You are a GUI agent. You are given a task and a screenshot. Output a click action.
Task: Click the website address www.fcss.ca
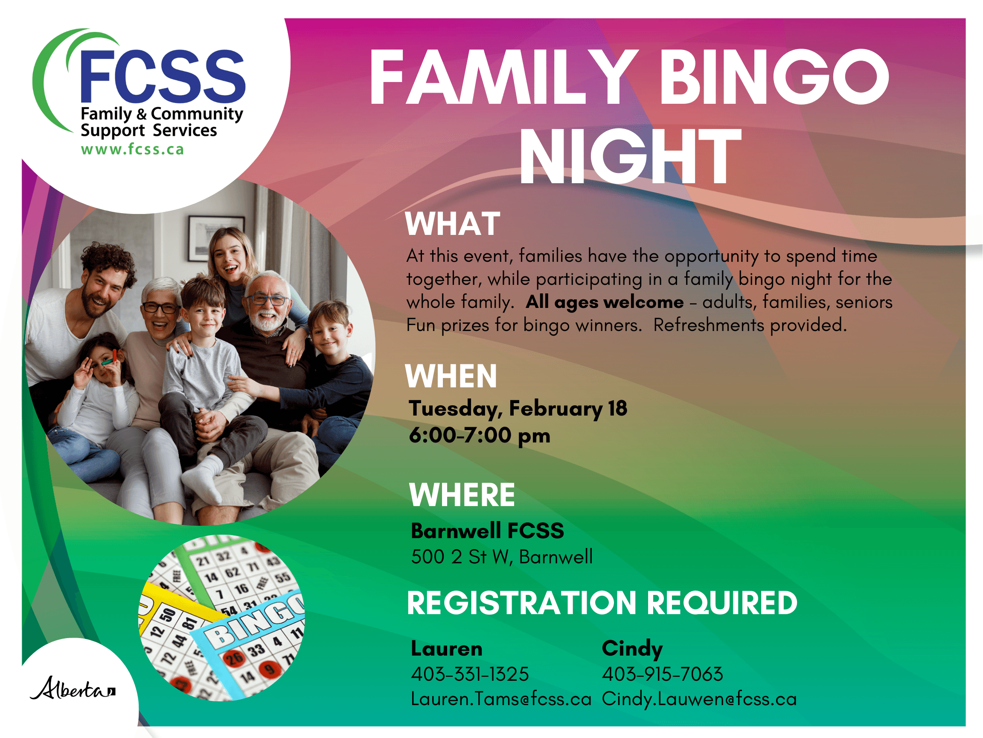click(x=132, y=149)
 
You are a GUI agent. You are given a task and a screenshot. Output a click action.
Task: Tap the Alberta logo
click(x=73, y=688)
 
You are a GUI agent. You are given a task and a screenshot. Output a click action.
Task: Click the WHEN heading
click(x=451, y=376)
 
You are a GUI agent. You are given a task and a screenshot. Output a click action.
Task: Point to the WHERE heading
click(x=462, y=495)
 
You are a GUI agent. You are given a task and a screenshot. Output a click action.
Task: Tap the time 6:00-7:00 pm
click(x=480, y=435)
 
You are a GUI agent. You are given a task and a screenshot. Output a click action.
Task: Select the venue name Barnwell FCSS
click(x=488, y=531)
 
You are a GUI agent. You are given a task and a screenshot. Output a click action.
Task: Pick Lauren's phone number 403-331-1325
click(x=470, y=674)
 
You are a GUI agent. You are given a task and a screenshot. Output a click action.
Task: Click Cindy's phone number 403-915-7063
click(x=663, y=674)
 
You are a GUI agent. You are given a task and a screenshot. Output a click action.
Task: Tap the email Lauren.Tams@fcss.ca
click(x=501, y=699)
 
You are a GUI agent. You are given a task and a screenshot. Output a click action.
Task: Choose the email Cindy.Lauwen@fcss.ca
click(x=699, y=699)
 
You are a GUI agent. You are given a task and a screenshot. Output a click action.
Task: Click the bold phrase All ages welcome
click(x=605, y=302)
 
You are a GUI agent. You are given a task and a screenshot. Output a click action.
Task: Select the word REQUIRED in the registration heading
click(x=722, y=603)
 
